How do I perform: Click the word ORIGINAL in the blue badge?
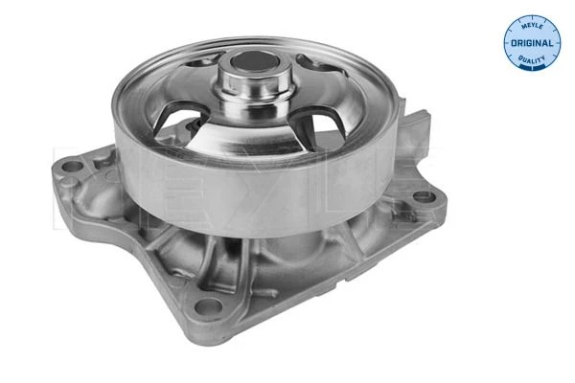531,43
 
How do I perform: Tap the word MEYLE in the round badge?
532,25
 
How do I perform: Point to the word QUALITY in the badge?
532,58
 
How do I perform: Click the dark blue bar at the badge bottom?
532,67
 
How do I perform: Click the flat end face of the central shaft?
255,61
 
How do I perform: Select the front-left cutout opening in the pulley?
179,122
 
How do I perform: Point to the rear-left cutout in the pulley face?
203,60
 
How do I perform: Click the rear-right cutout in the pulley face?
318,64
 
